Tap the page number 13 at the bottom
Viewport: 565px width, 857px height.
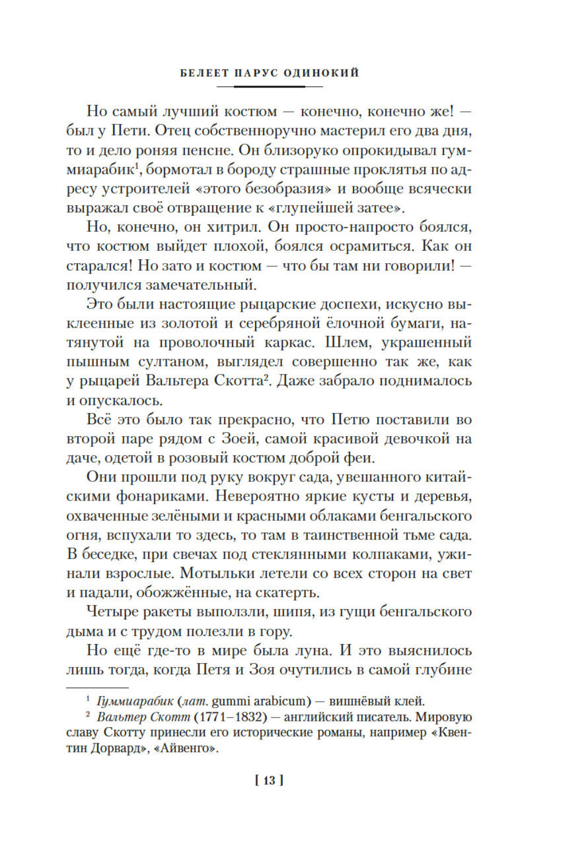[269, 780]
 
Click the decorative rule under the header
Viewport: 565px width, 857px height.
[269, 86]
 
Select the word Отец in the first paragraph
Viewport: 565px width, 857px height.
[173, 131]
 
